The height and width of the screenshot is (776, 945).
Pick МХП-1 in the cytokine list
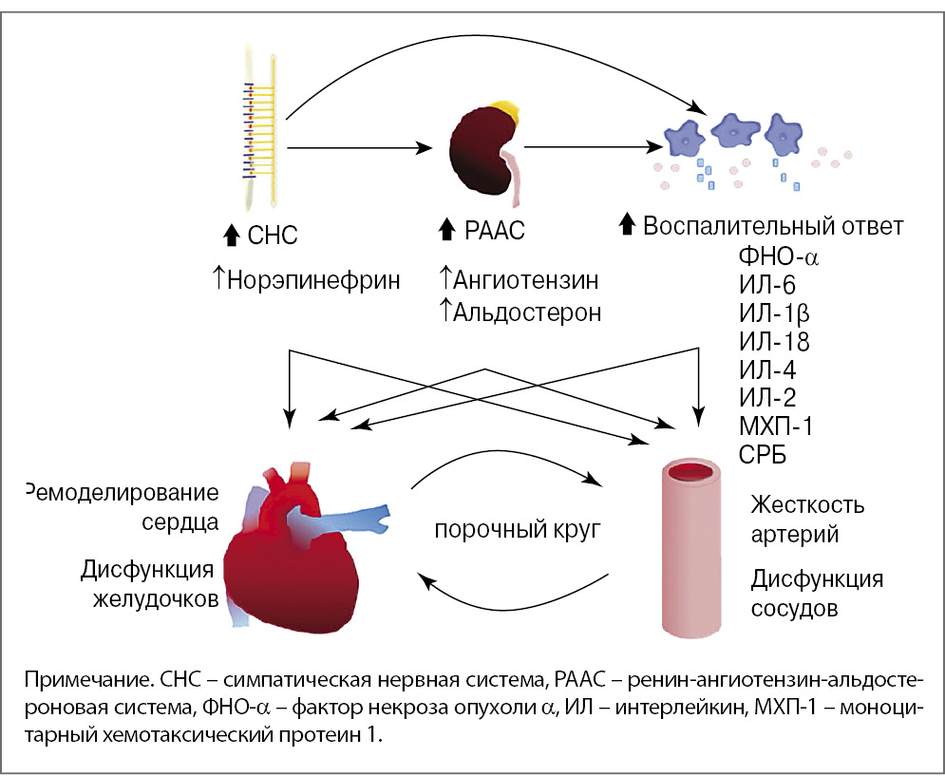coord(776,426)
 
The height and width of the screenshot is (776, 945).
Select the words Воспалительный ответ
coord(772,227)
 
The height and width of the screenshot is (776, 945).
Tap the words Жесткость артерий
coord(806,519)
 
